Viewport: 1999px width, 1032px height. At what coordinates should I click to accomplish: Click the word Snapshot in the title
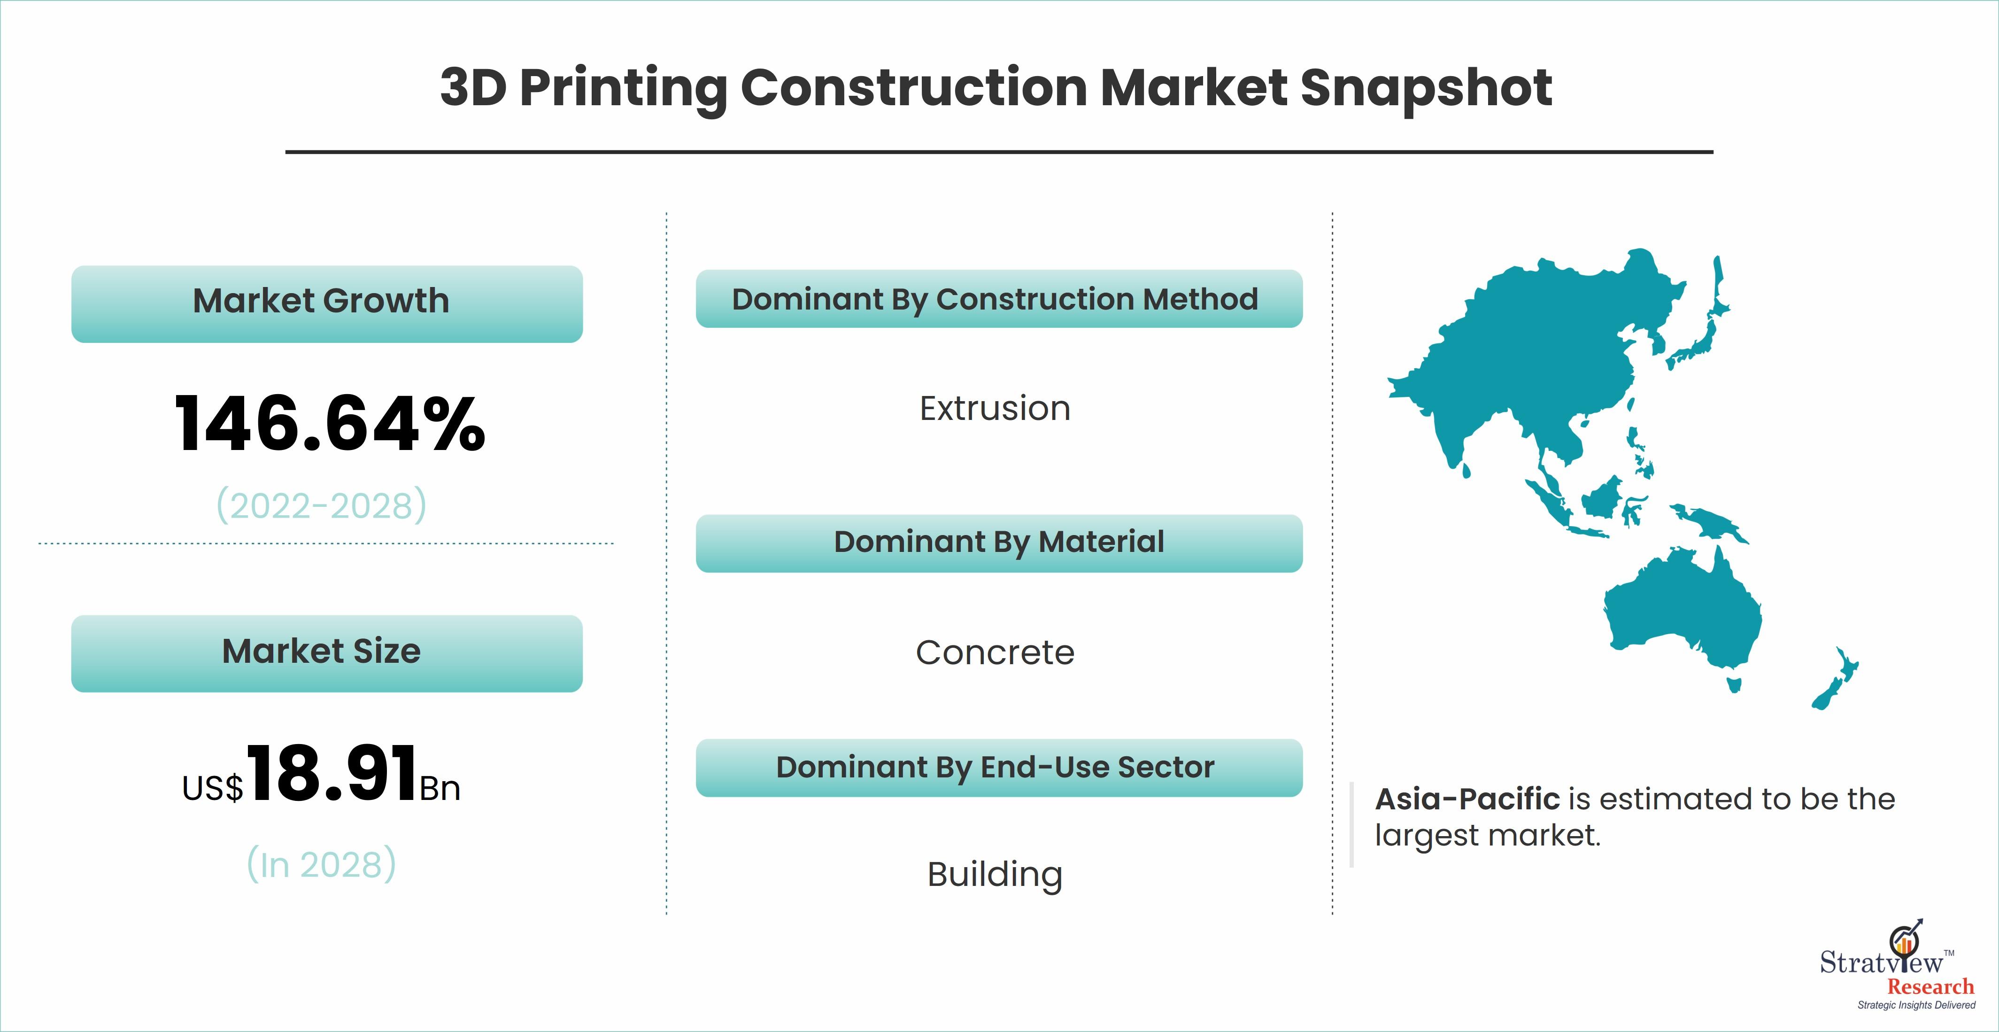pyautogui.click(x=1426, y=88)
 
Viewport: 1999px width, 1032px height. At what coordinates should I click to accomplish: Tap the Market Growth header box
pyautogui.click(x=327, y=303)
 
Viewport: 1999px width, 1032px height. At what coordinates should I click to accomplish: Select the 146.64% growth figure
pyautogui.click(x=330, y=424)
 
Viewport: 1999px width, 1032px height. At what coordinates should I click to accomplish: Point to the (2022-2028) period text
pyautogui.click(x=321, y=505)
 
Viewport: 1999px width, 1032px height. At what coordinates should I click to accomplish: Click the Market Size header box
pyautogui.click(x=327, y=653)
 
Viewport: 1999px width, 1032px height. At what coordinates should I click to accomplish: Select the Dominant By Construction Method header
pyautogui.click(x=999, y=299)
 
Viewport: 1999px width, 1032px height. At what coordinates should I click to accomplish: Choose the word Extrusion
pyautogui.click(x=995, y=409)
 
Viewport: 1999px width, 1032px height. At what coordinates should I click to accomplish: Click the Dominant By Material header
pyautogui.click(x=999, y=543)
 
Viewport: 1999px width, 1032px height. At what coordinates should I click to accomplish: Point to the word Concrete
pyautogui.click(x=995, y=652)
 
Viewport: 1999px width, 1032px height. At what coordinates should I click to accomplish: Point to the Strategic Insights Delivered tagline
pyautogui.click(x=1916, y=1005)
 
